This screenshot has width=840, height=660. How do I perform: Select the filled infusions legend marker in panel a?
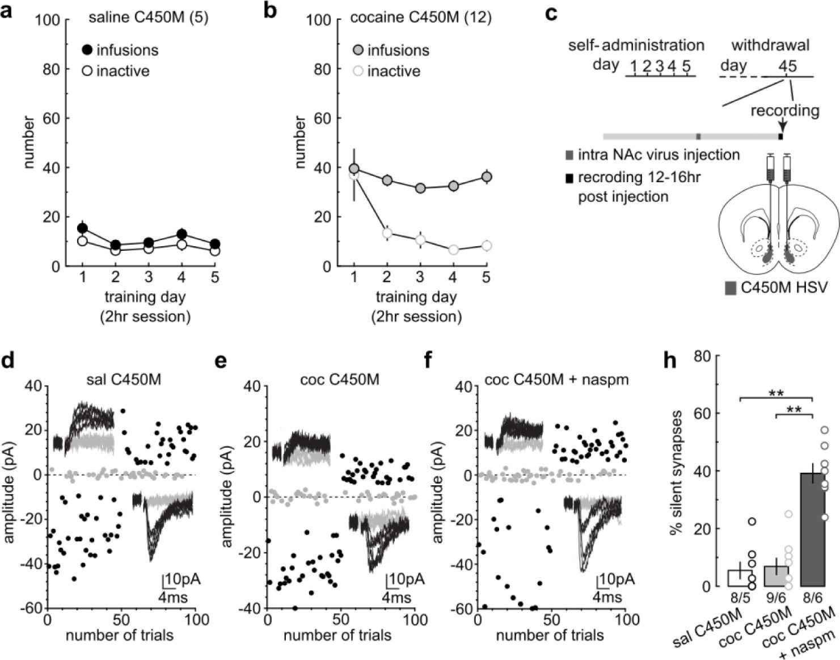pos(87,50)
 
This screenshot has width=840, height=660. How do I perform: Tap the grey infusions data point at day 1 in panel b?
pos(354,169)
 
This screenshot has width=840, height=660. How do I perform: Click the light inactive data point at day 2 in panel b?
pos(387,233)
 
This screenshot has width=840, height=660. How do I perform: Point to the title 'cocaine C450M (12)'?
pos(420,18)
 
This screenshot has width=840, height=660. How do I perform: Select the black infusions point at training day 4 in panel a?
pos(181,234)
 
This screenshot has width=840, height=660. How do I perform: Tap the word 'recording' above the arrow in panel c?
pos(784,110)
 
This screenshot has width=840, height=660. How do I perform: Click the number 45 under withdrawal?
pos(787,66)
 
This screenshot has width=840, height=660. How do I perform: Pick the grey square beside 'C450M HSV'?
pos(731,288)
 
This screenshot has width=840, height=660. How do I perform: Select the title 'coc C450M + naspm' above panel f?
pos(556,379)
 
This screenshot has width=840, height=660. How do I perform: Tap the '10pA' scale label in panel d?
pos(182,579)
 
